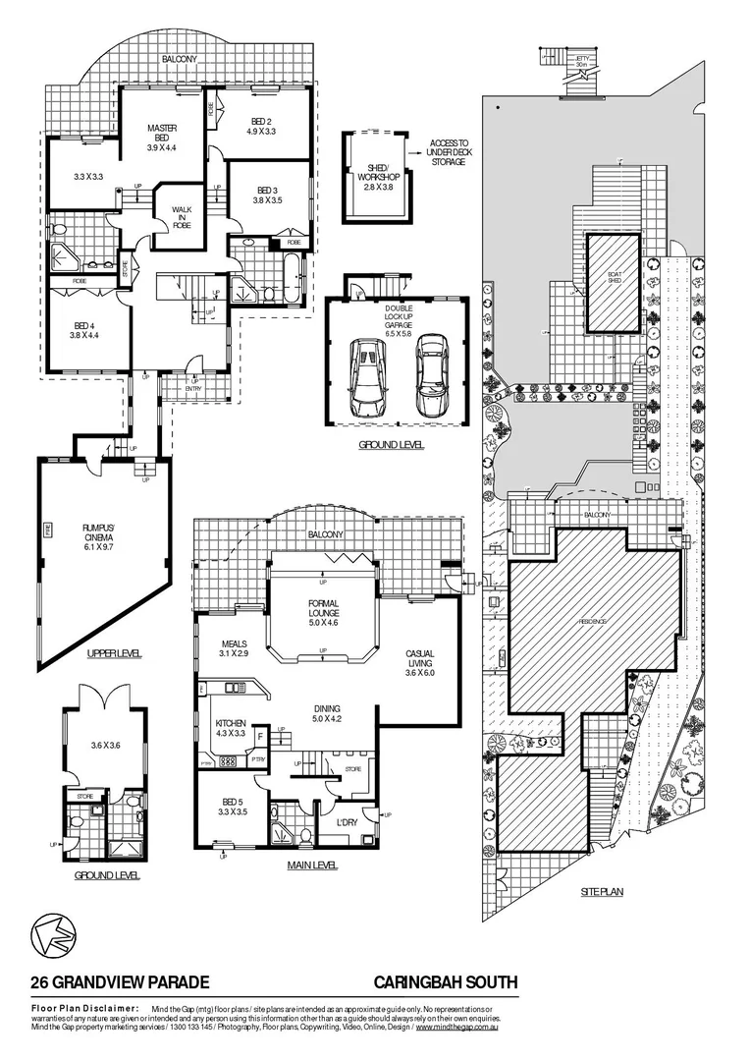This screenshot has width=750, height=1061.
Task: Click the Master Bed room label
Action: click(x=161, y=139)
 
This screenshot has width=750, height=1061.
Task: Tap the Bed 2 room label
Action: click(x=260, y=125)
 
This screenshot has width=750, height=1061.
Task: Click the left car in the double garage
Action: click(x=367, y=376)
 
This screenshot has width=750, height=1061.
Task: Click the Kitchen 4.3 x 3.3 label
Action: click(x=230, y=729)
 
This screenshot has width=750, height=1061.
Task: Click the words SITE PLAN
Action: click(x=602, y=891)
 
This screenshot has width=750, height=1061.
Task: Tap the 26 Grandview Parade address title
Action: click(x=119, y=981)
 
